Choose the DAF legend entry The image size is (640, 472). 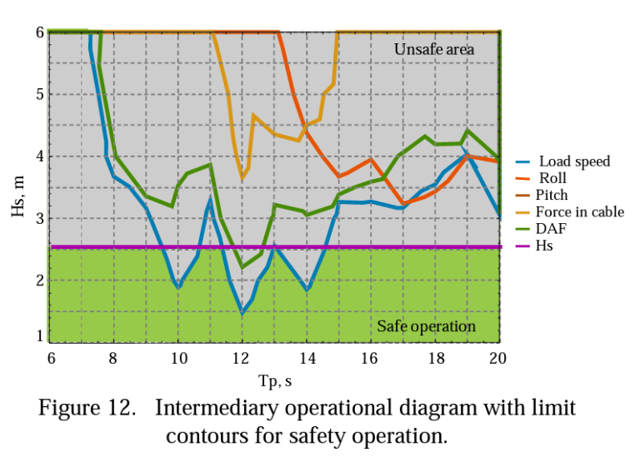(x=550, y=229)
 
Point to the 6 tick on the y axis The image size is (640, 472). (x=38, y=32)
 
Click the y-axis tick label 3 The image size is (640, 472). (x=38, y=219)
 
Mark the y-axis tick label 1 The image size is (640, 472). (x=38, y=336)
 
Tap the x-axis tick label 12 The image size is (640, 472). (x=242, y=359)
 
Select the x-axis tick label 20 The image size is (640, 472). (x=498, y=359)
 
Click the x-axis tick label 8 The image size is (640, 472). (x=113, y=359)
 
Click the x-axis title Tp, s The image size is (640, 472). (x=274, y=381)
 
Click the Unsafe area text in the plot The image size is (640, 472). (x=433, y=50)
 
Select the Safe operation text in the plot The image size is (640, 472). (x=426, y=326)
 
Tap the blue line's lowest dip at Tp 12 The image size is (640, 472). (x=242, y=312)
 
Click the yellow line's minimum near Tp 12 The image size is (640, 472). (x=242, y=176)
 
